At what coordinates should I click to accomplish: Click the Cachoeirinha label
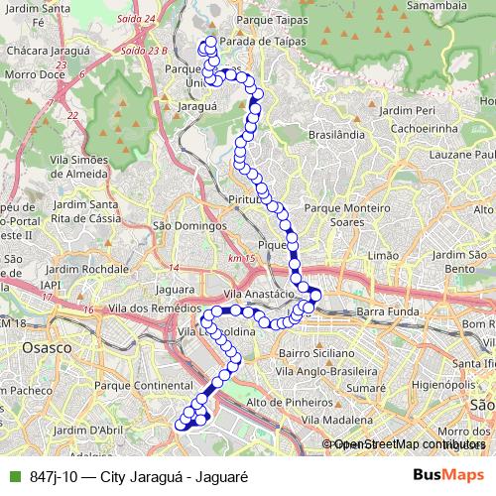429,129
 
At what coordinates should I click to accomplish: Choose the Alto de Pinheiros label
288,403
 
